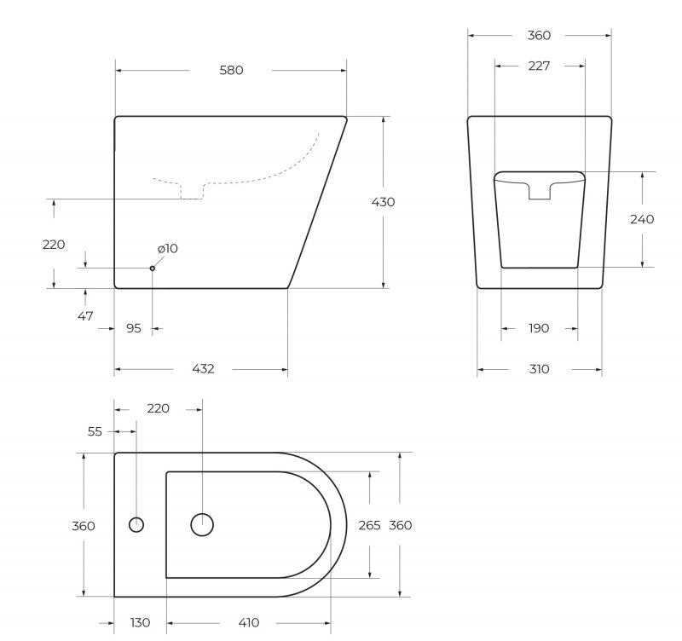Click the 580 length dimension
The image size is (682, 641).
[231, 71]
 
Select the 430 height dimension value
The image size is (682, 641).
[383, 202]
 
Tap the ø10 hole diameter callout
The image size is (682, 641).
[167, 249]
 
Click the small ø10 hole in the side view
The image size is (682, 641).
[153, 268]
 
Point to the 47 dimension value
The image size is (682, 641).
[85, 316]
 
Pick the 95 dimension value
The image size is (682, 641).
[133, 328]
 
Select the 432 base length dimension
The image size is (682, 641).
[203, 369]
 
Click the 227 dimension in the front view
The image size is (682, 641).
[539, 66]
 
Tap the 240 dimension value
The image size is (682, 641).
[642, 219]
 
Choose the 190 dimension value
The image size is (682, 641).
[539, 328]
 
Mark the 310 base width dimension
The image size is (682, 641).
[539, 369]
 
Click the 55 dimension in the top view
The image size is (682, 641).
[95, 432]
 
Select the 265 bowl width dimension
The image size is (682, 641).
[369, 526]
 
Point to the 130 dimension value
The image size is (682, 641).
[140, 623]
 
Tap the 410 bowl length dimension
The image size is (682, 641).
[248, 623]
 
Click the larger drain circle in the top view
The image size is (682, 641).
[202, 525]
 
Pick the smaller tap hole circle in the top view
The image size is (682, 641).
[136, 524]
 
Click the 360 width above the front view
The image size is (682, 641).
[539, 36]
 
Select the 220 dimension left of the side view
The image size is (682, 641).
[54, 245]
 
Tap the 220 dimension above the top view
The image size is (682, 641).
[158, 409]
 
